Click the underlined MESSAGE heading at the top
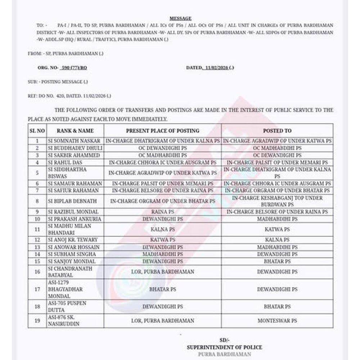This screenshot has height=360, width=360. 180,18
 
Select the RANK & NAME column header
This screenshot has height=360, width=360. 75,131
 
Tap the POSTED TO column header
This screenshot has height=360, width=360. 277,131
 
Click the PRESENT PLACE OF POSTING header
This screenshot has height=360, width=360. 162,131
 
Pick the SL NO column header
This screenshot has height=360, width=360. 37,131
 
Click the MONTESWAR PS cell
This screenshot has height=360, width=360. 277,320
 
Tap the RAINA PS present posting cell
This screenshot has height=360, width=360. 162,212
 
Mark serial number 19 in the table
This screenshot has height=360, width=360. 37,320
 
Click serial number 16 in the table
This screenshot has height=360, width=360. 37,272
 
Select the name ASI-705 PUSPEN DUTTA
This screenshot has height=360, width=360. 67,307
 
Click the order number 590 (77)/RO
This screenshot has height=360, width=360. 74,68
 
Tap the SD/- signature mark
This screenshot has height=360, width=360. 224,340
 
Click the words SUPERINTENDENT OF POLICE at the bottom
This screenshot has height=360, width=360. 224,347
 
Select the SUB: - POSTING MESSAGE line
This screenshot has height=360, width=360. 58,82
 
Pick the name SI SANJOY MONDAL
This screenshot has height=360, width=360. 71,261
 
